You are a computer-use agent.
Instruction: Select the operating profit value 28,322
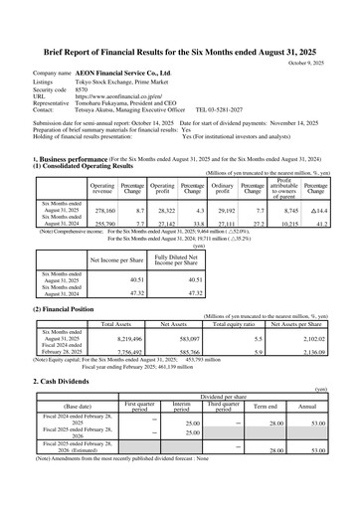click(162, 212)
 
